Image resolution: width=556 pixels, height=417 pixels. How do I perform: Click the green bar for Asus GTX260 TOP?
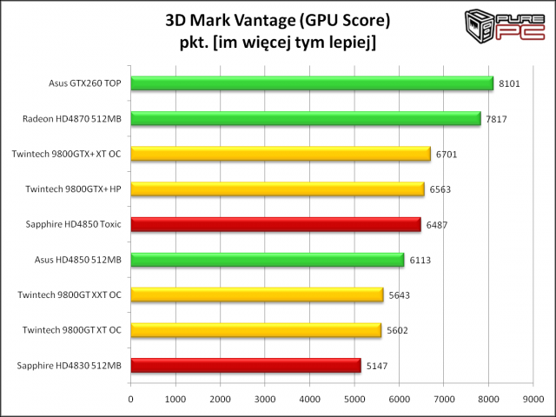coord(311,83)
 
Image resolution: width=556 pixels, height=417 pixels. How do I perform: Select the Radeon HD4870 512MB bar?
coord(305,118)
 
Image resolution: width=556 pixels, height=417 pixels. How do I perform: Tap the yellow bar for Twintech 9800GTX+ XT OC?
coord(280,154)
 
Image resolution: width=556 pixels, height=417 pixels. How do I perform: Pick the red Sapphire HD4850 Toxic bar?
coord(275,224)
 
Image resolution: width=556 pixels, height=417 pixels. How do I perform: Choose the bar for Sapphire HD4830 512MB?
coord(245,365)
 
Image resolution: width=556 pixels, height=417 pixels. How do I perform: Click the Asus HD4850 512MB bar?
coord(267,260)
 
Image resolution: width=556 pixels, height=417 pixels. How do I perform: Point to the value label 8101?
coord(511,84)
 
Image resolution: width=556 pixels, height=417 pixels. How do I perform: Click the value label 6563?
coord(440,189)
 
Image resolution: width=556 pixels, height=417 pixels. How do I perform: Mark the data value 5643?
coord(400,295)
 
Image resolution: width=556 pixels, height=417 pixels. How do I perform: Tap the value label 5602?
coord(398,330)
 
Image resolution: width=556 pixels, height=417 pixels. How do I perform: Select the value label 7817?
coord(498,119)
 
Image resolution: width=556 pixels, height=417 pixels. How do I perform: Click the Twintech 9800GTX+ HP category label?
coord(72,189)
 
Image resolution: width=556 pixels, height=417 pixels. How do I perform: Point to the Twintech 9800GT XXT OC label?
coord(69,295)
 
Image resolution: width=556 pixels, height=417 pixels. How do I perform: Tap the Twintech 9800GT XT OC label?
coord(72,330)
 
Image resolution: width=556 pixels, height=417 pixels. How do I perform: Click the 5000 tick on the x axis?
coord(354,400)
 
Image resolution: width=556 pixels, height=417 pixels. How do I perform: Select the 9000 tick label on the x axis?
coord(533,400)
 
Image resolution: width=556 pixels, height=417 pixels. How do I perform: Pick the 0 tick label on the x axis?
coord(130,400)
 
